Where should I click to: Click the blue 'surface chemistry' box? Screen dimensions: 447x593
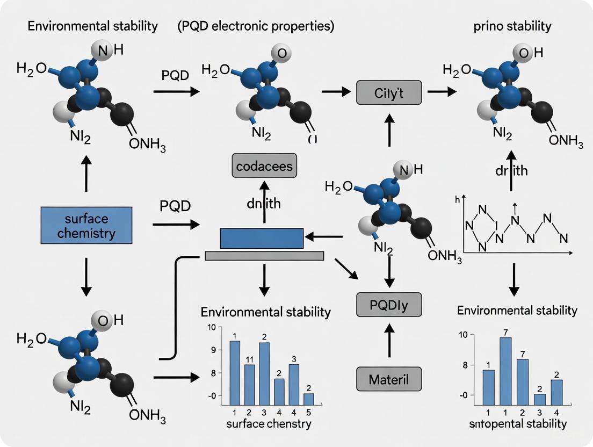[86, 225]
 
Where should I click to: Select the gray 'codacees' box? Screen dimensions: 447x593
[264, 165]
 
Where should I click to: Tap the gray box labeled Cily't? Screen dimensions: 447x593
[389, 92]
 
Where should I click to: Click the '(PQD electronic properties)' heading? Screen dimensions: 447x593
[255, 26]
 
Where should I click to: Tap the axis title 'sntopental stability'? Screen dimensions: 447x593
[517, 424]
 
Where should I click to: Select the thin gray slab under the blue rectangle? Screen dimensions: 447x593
[264, 256]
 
